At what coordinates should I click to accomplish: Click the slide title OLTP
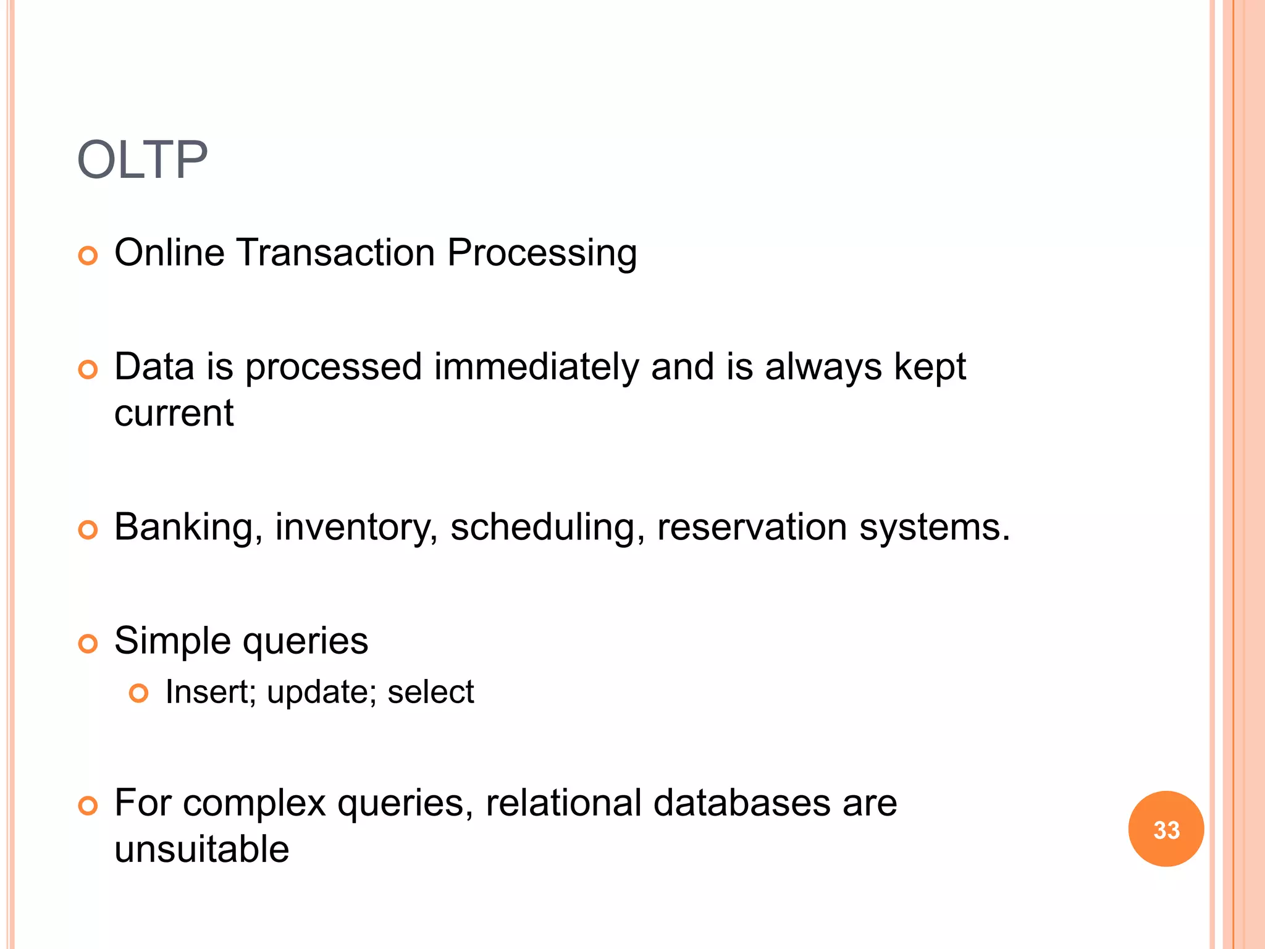click(142, 160)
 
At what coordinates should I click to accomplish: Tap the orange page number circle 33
click(1166, 829)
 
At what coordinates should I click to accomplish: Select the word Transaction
click(336, 253)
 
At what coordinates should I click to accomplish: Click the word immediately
click(536, 367)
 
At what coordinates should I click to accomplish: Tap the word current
click(174, 413)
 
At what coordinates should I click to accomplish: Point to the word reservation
click(752, 528)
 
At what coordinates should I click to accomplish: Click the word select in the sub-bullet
click(431, 692)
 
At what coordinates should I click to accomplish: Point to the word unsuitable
click(202, 850)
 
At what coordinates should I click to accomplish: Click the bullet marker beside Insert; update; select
click(139, 693)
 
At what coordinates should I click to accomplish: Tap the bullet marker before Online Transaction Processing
click(88, 255)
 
